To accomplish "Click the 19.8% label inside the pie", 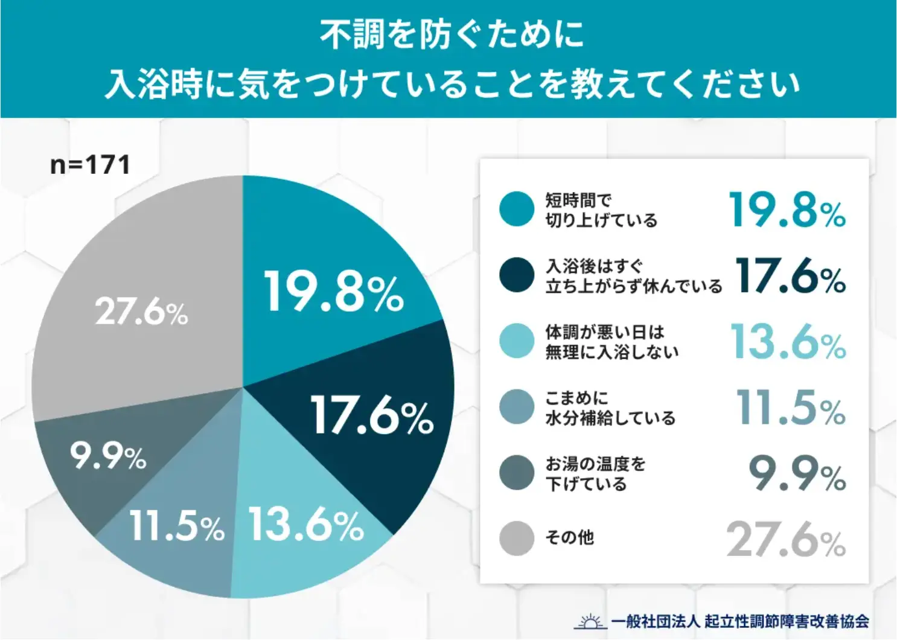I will click(333, 292).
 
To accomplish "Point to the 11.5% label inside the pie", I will click(177, 526).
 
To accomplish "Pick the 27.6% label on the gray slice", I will click(142, 312).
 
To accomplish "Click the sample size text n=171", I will click(90, 165).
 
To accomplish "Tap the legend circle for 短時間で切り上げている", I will click(517, 209).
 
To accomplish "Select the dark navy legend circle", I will click(517, 275).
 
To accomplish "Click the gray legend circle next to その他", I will click(517, 538).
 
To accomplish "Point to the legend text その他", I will click(569, 537).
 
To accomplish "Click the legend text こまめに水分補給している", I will click(610, 408).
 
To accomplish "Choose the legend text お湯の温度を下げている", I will click(595, 473).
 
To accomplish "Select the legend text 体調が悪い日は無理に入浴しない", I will click(611, 342).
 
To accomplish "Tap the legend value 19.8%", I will click(787, 211).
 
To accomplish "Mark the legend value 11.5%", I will click(790, 408).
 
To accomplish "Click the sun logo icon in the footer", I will click(590, 621).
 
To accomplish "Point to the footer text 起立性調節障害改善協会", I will click(787, 621).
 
